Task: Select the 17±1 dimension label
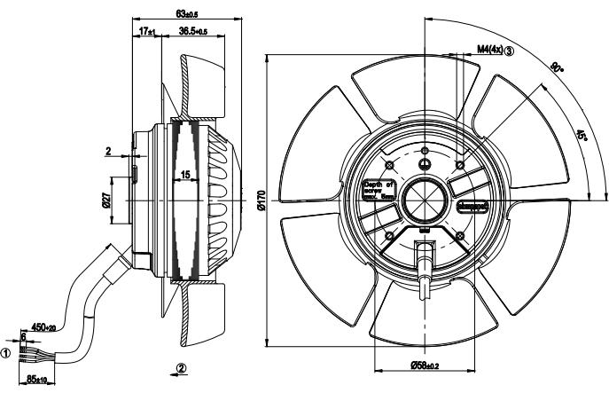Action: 147,31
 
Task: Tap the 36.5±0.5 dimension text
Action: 191,31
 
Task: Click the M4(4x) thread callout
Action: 488,50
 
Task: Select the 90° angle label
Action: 557,68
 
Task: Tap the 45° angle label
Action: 581,137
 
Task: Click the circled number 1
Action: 6,352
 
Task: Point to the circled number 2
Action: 182,367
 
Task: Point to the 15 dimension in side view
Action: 185,175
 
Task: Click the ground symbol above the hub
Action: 425,161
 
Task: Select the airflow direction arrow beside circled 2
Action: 169,367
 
